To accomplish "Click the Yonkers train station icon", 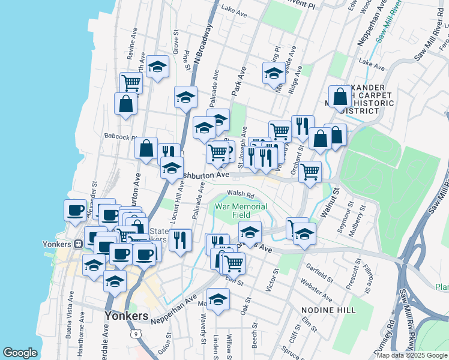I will (78, 244).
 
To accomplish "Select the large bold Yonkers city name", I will (126, 316).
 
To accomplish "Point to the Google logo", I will (20, 353).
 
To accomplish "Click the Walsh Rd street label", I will (241, 194).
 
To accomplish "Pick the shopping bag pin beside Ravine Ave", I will (126, 103).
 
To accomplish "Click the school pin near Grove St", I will (158, 67).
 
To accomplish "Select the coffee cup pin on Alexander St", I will (75, 210).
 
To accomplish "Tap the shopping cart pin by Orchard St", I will (310, 172).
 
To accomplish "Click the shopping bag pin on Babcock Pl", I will (146, 148).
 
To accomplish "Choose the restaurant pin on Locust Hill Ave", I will (180, 239).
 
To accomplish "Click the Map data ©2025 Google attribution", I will (411, 355).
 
